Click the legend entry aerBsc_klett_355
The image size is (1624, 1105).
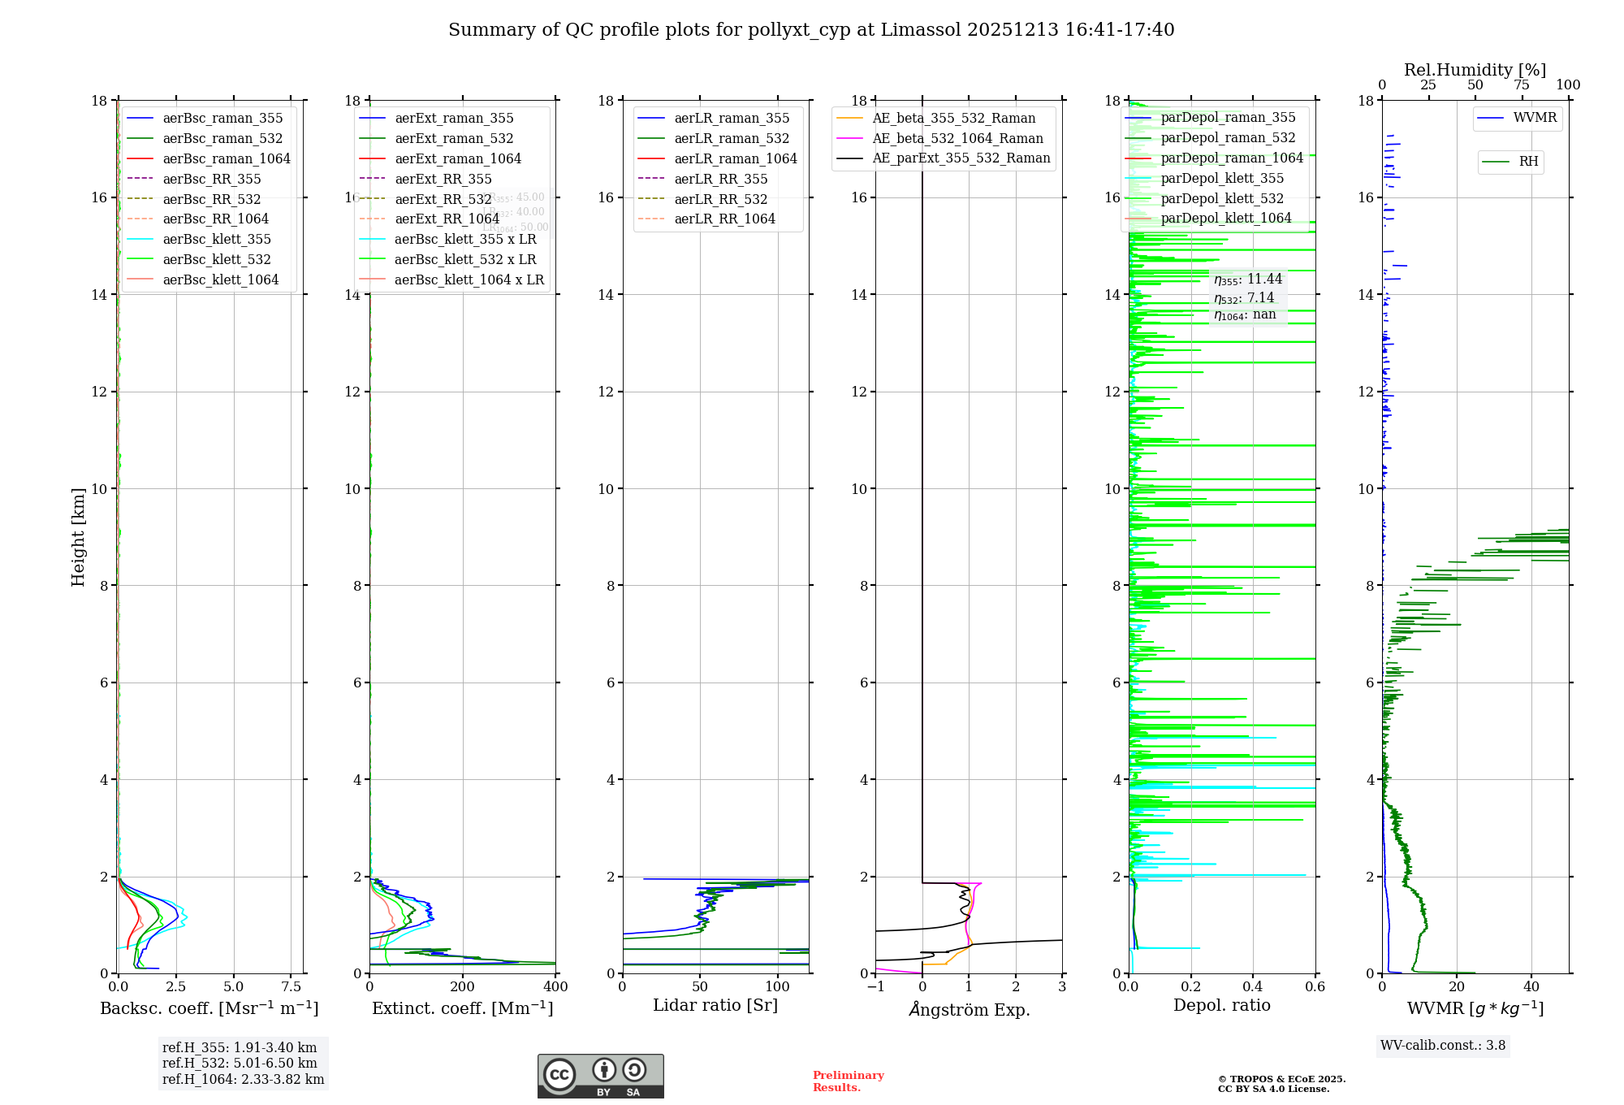click(217, 239)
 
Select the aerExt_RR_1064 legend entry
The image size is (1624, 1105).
click(447, 219)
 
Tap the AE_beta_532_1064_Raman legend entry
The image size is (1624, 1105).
click(957, 138)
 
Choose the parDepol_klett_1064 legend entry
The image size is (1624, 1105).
click(1225, 218)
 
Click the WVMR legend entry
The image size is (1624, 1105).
click(1535, 118)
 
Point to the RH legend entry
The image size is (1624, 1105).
click(1528, 162)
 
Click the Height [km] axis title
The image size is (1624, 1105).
click(78, 536)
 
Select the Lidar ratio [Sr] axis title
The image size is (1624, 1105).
click(715, 1005)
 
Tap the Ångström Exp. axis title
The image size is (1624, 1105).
click(969, 1009)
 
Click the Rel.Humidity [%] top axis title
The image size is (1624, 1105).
click(1475, 70)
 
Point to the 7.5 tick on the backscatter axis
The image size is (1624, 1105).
click(292, 986)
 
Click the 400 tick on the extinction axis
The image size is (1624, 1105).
click(555, 986)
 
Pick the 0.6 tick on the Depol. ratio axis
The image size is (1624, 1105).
click(1315, 986)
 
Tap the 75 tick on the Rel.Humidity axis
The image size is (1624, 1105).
click(1522, 85)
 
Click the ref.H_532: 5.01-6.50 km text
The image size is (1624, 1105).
click(240, 1063)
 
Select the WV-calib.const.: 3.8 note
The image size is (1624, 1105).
click(1443, 1045)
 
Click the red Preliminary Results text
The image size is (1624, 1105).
click(848, 1081)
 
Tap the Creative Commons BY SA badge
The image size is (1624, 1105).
click(600, 1076)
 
